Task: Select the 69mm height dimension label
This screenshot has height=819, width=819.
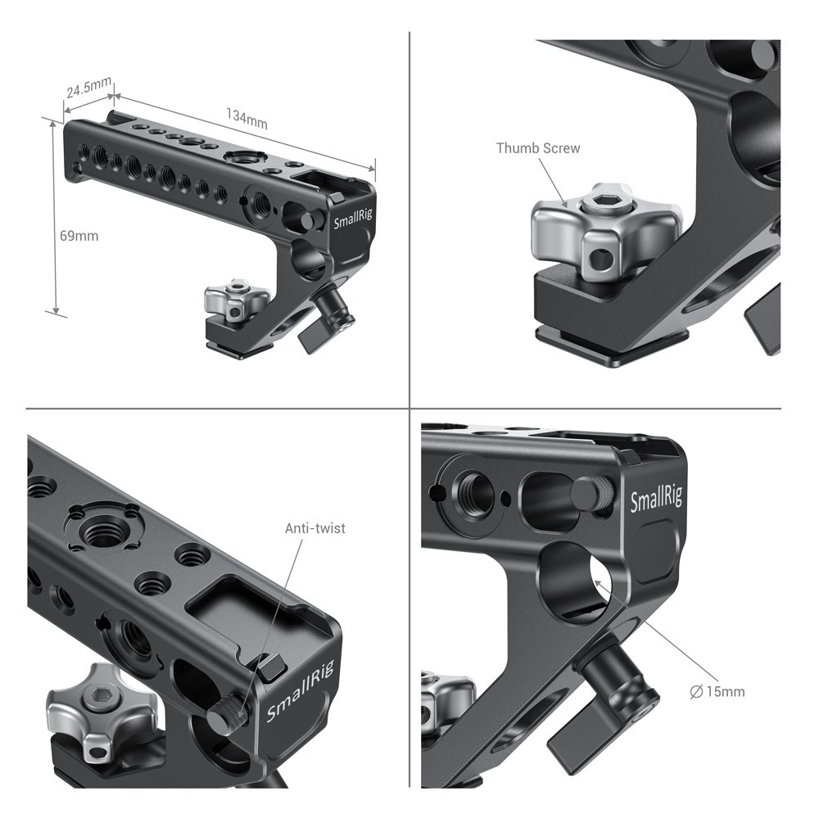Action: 79,236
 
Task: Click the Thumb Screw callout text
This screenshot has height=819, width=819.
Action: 538,148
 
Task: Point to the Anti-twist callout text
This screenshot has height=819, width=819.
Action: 315,528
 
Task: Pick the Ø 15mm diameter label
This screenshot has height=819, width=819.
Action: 717,691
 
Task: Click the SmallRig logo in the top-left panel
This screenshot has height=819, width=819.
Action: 351,222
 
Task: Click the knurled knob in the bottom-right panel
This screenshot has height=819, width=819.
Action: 591,494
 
